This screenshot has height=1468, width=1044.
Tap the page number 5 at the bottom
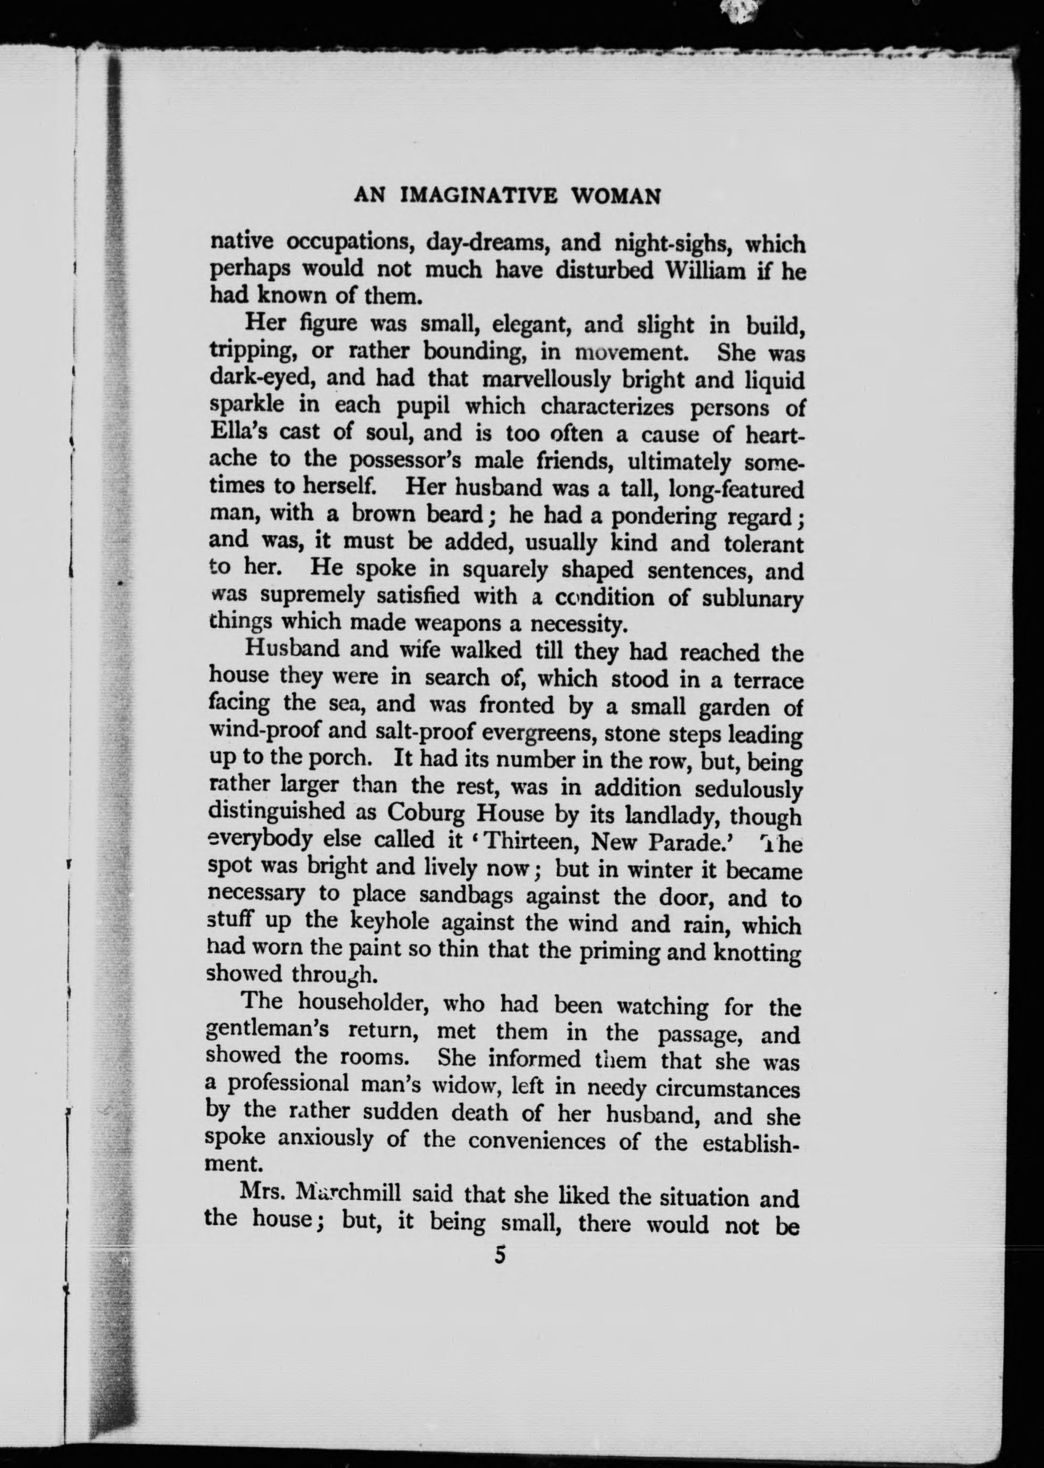click(501, 1255)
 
